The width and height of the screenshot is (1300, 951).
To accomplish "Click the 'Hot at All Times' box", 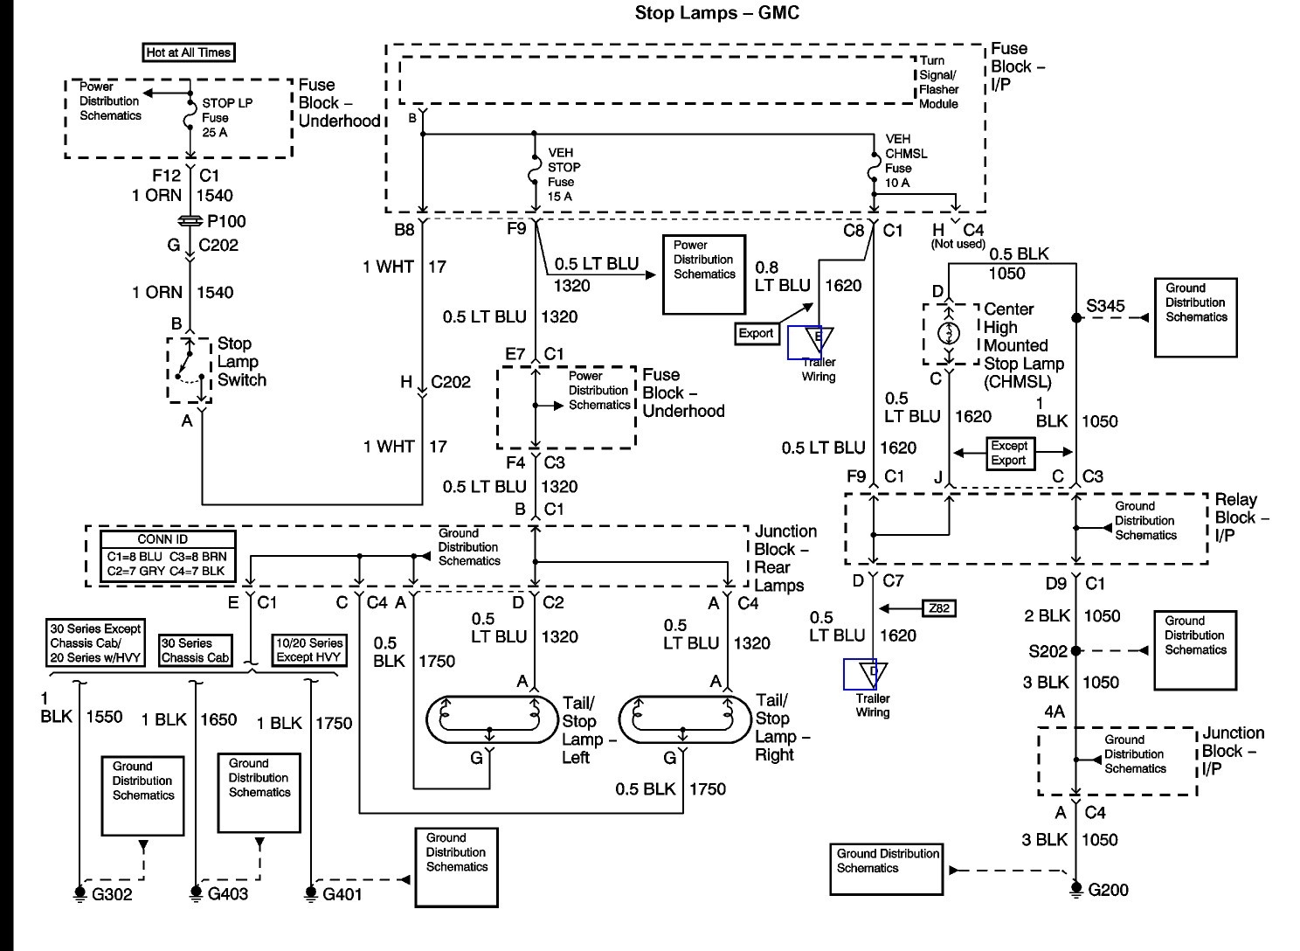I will pyautogui.click(x=189, y=52).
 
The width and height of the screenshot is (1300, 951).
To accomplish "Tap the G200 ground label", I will pyautogui.click(x=1108, y=890).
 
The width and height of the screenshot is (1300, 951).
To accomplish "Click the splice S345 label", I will pyautogui.click(x=1105, y=307).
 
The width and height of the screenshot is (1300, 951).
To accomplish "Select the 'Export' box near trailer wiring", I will pyautogui.click(x=756, y=333).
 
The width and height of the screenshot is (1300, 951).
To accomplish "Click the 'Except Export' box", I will pyautogui.click(x=1008, y=453).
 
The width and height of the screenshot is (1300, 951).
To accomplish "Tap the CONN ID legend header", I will pyautogui.click(x=162, y=539).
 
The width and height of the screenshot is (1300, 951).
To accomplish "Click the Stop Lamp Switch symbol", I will pyautogui.click(x=190, y=371).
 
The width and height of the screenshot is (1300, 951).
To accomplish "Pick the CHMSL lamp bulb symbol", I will pyautogui.click(x=949, y=334).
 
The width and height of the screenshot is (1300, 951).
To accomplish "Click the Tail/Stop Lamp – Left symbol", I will pyautogui.click(x=490, y=718).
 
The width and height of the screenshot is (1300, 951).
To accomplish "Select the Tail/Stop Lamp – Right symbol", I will pyautogui.click(x=684, y=718).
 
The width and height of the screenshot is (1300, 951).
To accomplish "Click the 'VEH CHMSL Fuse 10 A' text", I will pyautogui.click(x=907, y=161).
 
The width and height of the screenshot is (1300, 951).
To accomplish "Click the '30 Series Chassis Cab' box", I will pyautogui.click(x=196, y=650).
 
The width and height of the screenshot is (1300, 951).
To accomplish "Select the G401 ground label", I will pyautogui.click(x=342, y=894).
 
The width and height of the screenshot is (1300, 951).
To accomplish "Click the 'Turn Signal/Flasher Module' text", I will pyautogui.click(x=938, y=83).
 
